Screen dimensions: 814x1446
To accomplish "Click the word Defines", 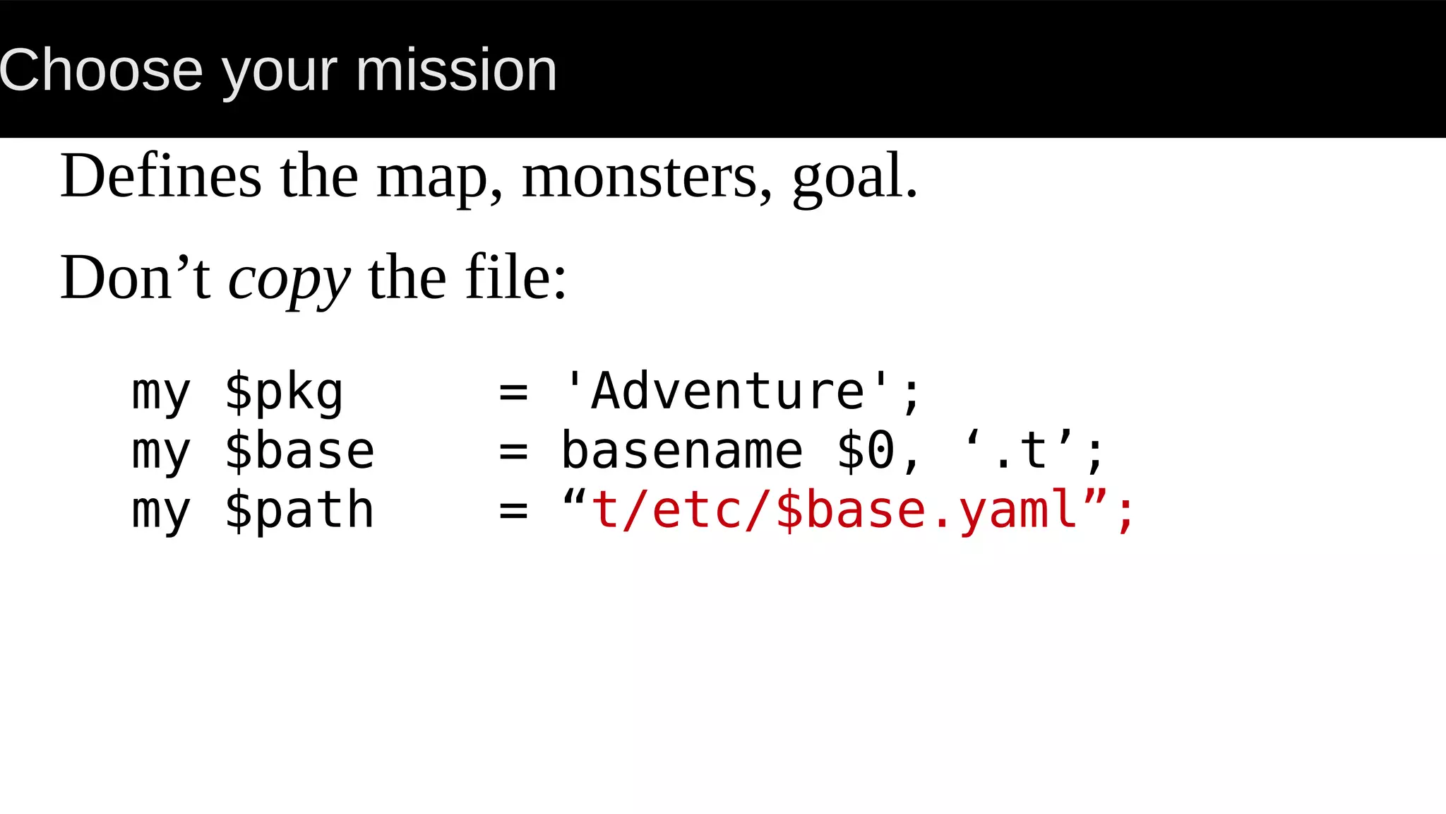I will point(161,176).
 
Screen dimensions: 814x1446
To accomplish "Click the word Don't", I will point(135,278).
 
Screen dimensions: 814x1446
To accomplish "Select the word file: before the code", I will point(515,278).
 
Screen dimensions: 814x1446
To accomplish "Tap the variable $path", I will point(299,510).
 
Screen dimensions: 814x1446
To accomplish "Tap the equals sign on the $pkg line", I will point(513,392).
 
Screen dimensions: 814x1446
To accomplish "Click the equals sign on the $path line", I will point(513,511).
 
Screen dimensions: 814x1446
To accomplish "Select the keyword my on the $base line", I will point(161,452).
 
